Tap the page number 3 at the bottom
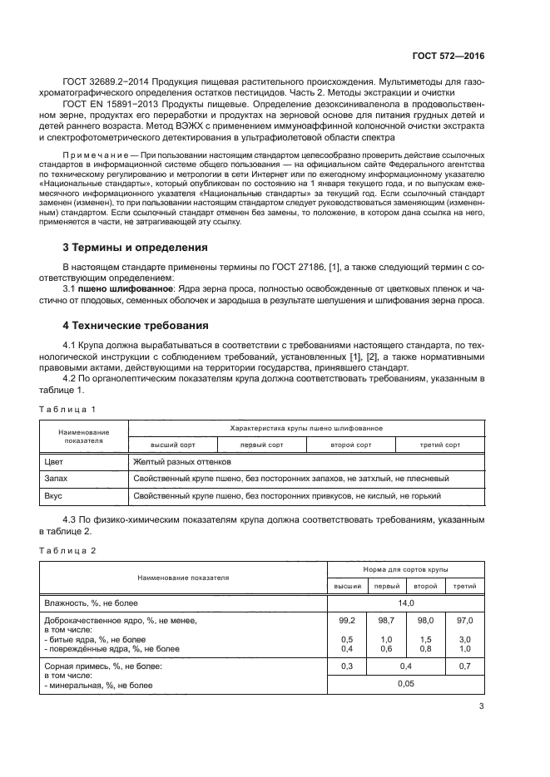[481, 706]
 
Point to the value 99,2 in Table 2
[347, 621]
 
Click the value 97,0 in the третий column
[465, 621]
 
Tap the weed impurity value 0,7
[465, 666]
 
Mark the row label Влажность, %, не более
[91, 602]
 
